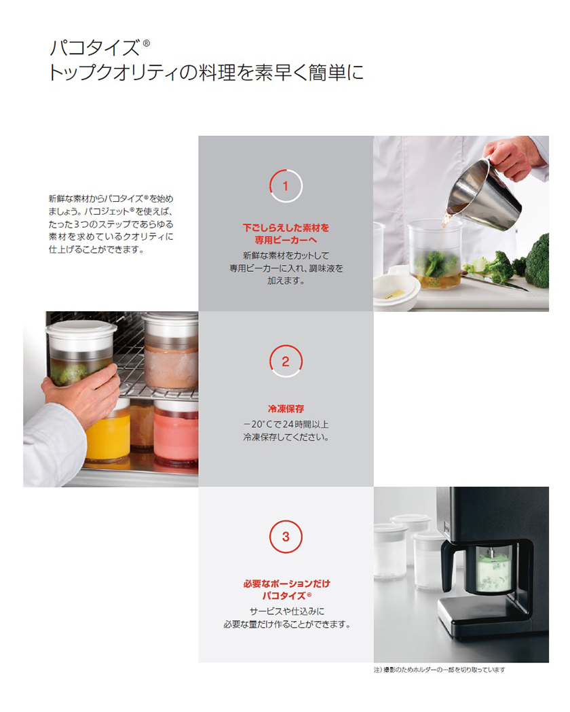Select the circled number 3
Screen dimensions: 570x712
click(286, 537)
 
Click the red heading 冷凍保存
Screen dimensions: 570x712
click(286, 409)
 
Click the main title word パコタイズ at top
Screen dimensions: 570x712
click(95, 48)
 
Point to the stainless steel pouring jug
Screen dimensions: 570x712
click(483, 195)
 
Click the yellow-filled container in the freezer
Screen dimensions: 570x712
click(109, 436)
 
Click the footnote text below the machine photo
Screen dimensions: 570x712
click(439, 670)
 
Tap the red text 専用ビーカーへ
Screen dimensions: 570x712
click(286, 241)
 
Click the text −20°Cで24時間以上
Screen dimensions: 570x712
click(286, 425)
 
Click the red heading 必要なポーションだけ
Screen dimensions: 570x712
click(286, 584)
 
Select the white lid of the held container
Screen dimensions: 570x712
click(81, 330)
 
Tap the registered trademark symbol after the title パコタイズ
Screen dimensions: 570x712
click(146, 43)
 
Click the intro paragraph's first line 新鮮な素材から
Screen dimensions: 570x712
click(111, 199)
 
